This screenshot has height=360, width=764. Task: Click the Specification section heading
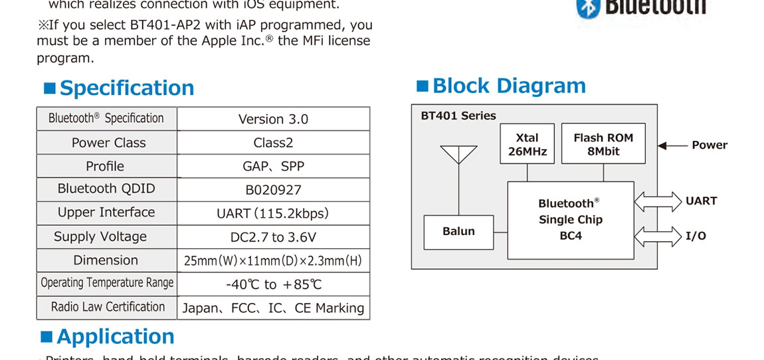pos(126,88)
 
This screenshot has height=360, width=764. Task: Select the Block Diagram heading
pos(509,86)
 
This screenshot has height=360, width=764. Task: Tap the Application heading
pos(115,337)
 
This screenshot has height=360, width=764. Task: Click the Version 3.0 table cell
pos(273,120)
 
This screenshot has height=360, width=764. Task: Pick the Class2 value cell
pos(273,143)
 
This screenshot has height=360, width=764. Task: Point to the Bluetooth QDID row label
pos(106,189)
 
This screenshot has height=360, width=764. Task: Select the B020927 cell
pos(273,190)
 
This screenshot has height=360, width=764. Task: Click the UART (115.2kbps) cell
pos(273,213)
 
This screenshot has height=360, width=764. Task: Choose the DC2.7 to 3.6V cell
pos(273,237)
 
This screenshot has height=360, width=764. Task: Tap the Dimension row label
pos(106,260)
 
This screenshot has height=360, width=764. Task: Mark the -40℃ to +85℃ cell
pos(273,284)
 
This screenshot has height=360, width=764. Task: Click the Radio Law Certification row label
pos(106,307)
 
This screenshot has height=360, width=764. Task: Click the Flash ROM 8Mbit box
pos(603,144)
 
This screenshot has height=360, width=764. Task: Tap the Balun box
pos(458,231)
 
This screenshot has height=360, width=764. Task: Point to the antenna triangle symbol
pos(458,154)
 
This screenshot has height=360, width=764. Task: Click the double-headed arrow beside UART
pos(658,201)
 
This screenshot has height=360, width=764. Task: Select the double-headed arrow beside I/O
pos(658,236)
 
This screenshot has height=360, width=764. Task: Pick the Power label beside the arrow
pos(710,145)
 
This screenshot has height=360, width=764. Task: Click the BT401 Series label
pos(458,116)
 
